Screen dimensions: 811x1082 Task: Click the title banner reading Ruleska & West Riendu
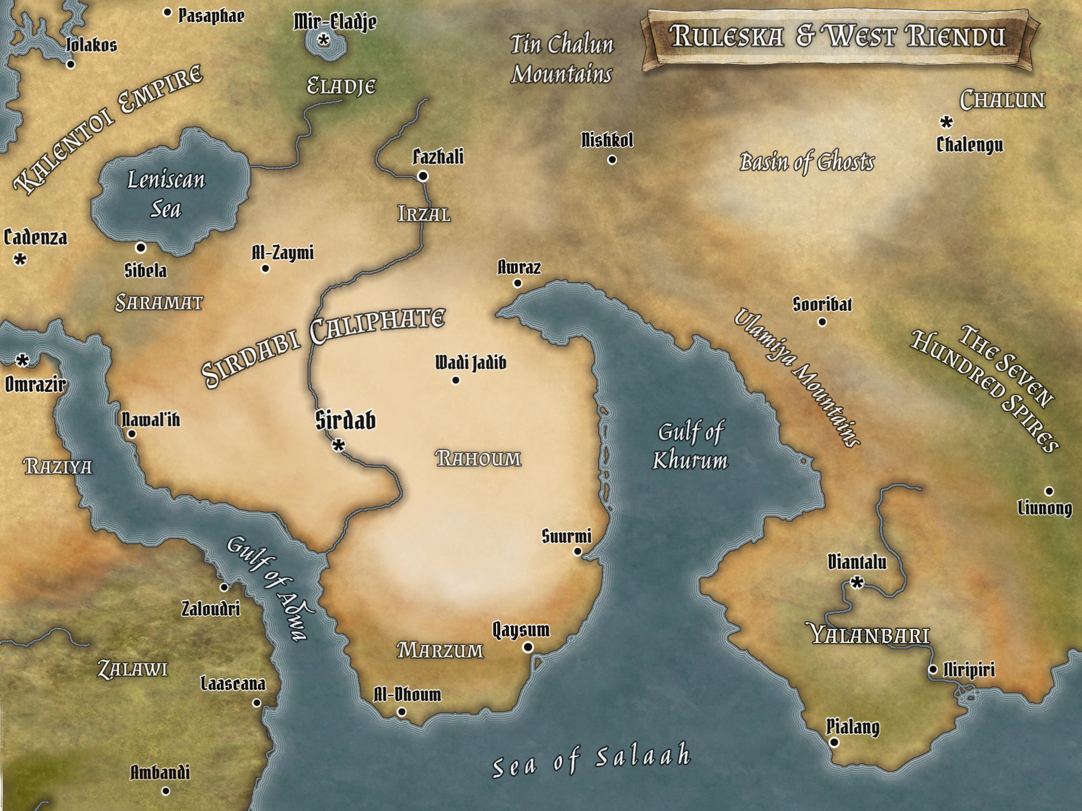837,37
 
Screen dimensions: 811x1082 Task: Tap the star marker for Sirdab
338,446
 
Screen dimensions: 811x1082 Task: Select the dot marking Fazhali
423,176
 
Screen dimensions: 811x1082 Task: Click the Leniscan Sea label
166,195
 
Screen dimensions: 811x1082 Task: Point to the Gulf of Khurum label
690,447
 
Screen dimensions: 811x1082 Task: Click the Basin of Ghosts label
807,162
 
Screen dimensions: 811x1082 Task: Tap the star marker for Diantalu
857,583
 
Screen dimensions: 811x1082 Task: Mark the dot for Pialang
834,742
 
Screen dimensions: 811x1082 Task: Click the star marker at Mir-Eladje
324,40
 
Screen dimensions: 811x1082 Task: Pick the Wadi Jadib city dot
455,380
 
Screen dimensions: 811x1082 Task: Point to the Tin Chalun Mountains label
562,59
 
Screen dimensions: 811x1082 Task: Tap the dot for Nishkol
612,159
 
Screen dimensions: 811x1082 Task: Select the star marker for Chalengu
946,122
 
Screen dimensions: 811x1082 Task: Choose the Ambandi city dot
165,791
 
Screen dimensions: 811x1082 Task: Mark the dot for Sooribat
822,322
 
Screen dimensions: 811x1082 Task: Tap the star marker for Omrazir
22,361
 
